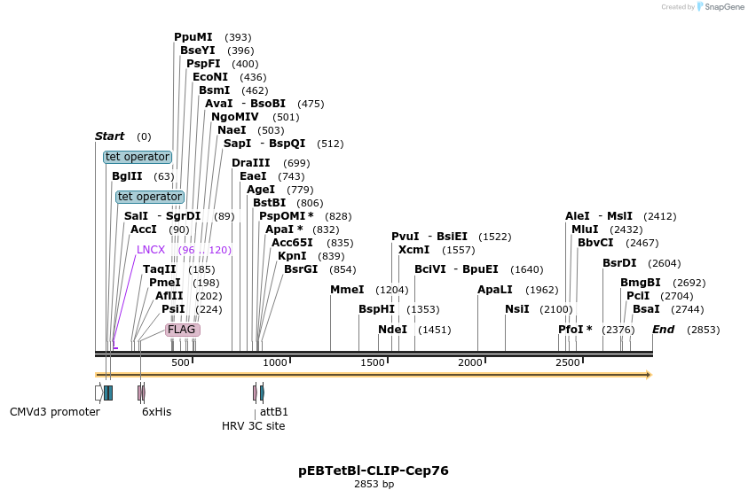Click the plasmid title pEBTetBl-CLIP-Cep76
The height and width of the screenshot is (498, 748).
pos(374,471)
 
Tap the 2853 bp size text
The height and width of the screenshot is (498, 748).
pos(374,485)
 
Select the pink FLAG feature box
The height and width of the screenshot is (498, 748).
pos(182,330)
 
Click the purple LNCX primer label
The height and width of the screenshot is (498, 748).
pos(151,250)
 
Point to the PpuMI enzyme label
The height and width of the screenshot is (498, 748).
pos(193,37)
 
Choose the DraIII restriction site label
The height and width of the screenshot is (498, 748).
pos(250,163)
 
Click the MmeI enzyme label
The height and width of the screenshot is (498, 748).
pos(347,290)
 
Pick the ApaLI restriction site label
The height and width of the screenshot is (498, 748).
pos(495,290)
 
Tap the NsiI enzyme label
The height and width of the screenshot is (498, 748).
pos(516,309)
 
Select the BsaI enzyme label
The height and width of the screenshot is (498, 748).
pos(646,309)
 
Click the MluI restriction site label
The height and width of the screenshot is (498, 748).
pos(587,230)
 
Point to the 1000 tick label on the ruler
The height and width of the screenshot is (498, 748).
pos(275,363)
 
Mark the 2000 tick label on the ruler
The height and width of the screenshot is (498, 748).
pos(469,363)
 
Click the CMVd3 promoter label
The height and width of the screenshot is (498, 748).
pos(55,412)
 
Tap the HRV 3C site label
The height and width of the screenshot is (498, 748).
pos(254,426)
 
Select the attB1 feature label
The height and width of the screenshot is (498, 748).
pos(274,412)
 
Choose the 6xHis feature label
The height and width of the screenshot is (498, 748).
pos(157,412)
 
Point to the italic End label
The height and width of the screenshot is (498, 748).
pos(663,330)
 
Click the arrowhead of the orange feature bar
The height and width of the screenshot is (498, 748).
pos(649,375)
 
